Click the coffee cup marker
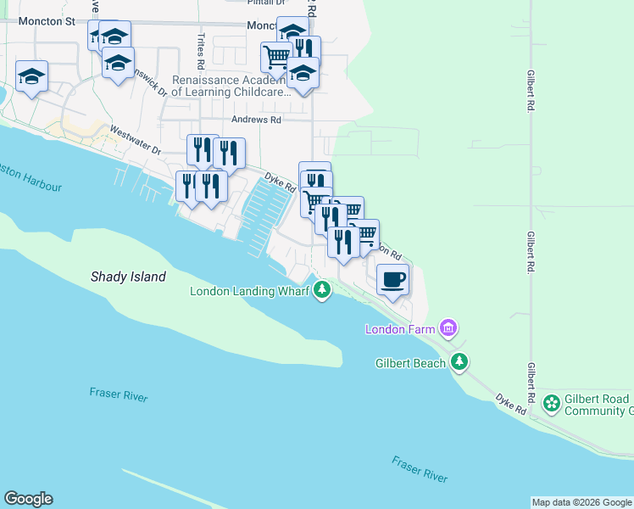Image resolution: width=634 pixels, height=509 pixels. tap(392, 279)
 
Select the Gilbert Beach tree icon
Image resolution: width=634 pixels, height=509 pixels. tap(459, 362)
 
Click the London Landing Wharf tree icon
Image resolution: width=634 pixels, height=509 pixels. tap(321, 291)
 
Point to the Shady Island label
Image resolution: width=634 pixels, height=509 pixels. tap(128, 277)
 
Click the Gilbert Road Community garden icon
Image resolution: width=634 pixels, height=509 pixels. tap(552, 405)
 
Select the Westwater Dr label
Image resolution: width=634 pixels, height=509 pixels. tap(135, 141)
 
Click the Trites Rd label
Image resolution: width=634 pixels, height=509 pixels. tap(201, 51)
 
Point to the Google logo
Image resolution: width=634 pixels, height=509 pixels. tap(28, 499)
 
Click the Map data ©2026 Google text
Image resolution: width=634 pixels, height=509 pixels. tap(581, 502)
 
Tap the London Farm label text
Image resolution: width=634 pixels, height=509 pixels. tap(400, 329)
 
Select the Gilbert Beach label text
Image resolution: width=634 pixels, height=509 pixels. tap(410, 363)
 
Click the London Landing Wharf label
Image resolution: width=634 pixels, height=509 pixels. tap(249, 291)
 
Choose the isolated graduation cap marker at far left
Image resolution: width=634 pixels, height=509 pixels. tap(32, 76)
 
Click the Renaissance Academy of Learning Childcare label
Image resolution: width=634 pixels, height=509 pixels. tap(231, 86)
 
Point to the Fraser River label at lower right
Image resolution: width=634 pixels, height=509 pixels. tap(419, 469)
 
